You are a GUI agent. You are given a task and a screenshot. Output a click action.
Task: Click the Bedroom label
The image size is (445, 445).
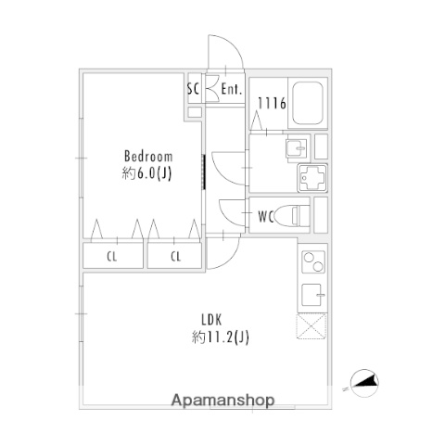pyautogui.click(x=148, y=157)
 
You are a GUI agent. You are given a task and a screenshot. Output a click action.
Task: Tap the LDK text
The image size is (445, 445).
pyautogui.click(x=211, y=320)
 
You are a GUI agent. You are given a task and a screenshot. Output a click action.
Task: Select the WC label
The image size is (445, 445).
pyautogui.click(x=266, y=217)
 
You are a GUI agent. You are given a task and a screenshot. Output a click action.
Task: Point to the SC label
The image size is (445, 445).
pyautogui.click(x=194, y=89)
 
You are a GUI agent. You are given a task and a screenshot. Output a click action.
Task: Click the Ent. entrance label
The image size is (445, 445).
pyautogui.click(x=232, y=89)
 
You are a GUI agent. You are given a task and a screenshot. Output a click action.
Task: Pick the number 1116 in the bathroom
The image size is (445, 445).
pyautogui.click(x=272, y=103)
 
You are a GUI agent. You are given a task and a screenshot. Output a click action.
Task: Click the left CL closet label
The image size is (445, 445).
pyautogui.click(x=112, y=256)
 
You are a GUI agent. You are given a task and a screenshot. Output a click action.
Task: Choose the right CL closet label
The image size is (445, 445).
pyautogui.click(x=175, y=256)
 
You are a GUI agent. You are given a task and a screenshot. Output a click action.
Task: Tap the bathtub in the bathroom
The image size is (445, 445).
pyautogui.click(x=308, y=103)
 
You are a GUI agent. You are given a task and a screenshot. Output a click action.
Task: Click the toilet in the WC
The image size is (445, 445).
pyautogui.click(x=292, y=215)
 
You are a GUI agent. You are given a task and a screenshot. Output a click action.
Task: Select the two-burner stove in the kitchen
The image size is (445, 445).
pyautogui.click(x=313, y=261)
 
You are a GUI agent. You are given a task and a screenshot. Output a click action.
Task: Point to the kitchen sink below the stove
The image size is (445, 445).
pyautogui.click(x=313, y=295)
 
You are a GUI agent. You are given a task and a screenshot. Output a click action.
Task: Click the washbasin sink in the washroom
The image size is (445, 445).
pyautogui.click(x=297, y=148)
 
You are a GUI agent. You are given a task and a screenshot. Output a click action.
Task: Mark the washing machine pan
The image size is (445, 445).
pyautogui.click(x=312, y=178)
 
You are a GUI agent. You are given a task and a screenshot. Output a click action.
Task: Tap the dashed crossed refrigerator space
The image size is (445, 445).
pyautogui.click(x=312, y=326)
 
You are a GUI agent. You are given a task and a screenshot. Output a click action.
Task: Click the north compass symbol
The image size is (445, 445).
pyautogui.click(x=364, y=383)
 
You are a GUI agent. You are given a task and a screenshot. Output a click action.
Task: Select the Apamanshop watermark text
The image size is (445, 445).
pyautogui.click(x=222, y=400)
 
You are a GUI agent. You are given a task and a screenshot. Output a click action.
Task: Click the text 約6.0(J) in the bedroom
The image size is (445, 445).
pyautogui.click(x=146, y=173)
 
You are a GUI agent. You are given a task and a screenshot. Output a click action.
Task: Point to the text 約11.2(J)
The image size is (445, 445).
pyautogui.click(x=220, y=337)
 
